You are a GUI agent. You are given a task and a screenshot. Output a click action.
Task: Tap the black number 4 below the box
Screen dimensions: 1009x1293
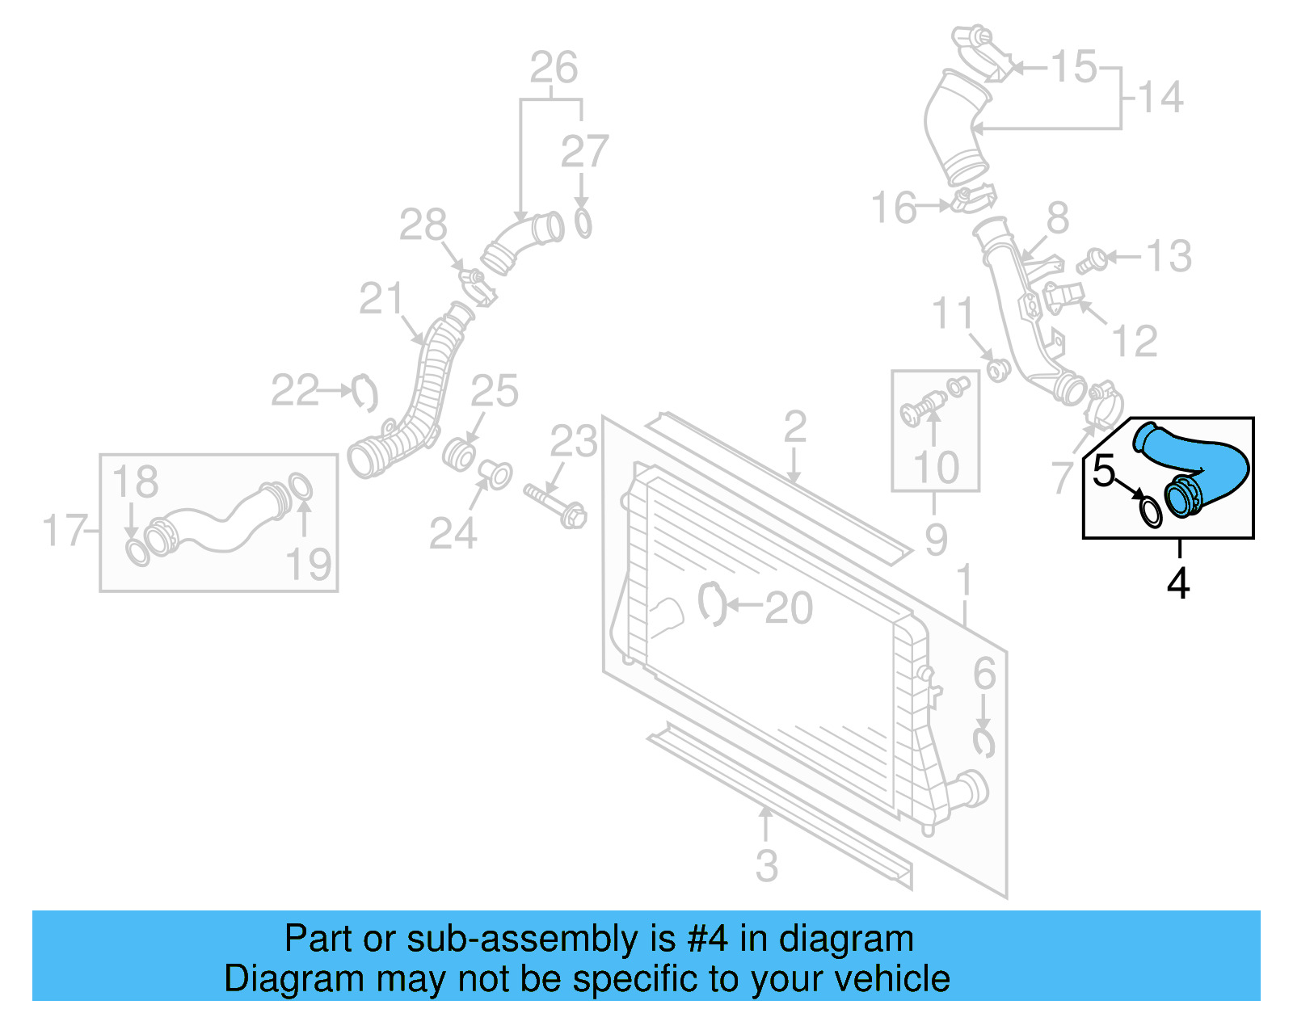pos(1178,583)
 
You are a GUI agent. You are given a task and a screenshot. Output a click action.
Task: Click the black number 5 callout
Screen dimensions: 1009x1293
pos(1103,471)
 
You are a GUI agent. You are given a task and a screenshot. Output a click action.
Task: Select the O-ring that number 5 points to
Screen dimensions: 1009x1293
pos(1151,512)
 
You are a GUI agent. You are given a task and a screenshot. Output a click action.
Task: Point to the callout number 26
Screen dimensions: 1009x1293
pos(554,68)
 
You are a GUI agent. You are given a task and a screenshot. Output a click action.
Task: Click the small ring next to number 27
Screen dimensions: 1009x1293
pos(583,223)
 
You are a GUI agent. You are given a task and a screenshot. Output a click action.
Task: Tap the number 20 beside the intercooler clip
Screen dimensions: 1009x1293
pos(788,608)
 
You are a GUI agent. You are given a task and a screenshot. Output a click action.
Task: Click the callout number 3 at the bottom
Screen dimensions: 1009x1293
pos(766,866)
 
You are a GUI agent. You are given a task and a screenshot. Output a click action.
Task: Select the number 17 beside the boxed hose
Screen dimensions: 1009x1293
pos(64,531)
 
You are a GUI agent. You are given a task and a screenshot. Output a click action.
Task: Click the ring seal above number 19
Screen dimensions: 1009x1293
pos(300,488)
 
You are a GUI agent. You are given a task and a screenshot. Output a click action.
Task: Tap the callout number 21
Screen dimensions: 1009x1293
pos(381,299)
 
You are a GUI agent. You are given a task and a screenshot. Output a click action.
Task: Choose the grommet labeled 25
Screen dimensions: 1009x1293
pos(459,453)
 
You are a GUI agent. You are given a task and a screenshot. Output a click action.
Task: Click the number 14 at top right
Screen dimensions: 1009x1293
pos(1160,98)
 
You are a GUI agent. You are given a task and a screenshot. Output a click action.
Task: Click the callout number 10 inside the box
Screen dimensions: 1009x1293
pos(936,468)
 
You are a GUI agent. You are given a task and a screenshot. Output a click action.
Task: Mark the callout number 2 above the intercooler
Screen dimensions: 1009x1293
pos(794,427)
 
